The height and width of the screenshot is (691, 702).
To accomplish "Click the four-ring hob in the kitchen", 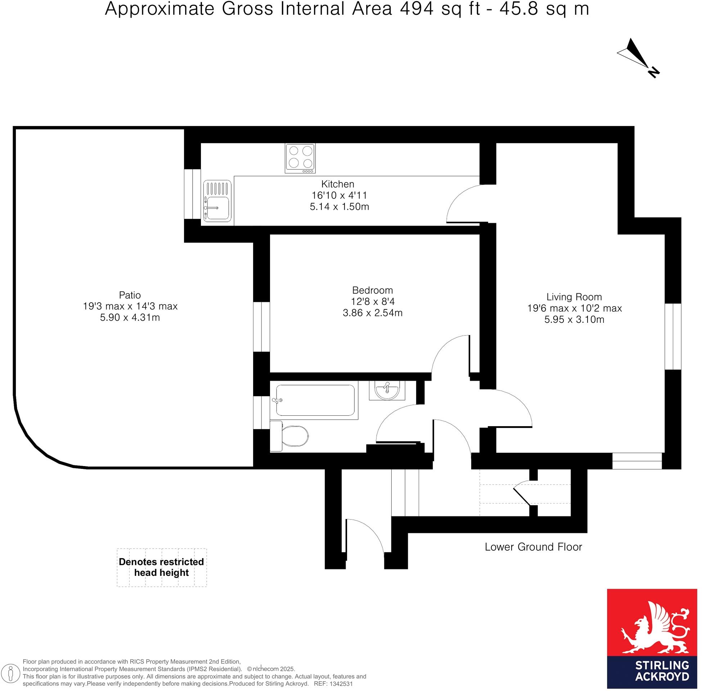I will click(x=300, y=158).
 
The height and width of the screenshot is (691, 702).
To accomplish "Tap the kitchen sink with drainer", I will click(x=217, y=201).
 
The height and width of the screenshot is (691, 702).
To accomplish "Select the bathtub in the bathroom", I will click(x=314, y=400).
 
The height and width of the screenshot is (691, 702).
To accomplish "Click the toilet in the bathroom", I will click(x=291, y=435).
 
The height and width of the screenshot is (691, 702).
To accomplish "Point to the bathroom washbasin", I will click(x=387, y=390).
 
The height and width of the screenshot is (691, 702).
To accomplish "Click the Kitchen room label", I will click(x=337, y=184).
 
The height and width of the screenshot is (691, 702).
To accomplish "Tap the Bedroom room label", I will click(x=372, y=290).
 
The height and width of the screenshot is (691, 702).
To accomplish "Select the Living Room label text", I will click(x=573, y=297).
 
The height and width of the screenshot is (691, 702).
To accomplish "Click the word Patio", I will click(x=130, y=295).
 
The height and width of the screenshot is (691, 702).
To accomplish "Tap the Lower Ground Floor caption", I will click(x=533, y=547).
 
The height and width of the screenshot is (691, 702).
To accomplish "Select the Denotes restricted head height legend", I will click(x=162, y=567).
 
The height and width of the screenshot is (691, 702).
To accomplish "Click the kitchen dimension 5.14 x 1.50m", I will click(x=339, y=207).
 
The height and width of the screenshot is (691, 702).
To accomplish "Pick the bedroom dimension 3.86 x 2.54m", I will click(x=372, y=313).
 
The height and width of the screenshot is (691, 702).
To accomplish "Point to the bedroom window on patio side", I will click(x=261, y=327).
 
